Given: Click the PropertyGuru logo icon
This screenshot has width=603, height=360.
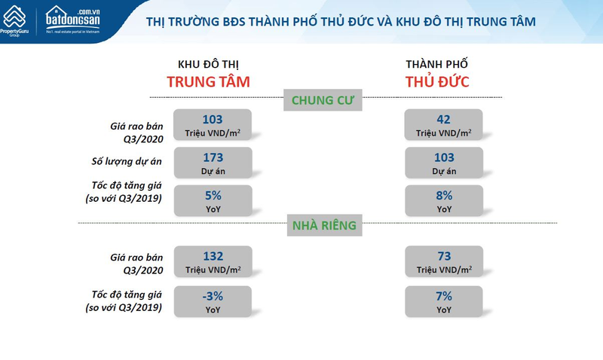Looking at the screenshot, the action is pyautogui.click(x=14, y=17).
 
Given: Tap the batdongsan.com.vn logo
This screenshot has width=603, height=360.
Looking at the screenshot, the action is pyautogui.click(x=72, y=20).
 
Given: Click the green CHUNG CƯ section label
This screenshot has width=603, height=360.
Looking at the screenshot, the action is pyautogui.click(x=323, y=100).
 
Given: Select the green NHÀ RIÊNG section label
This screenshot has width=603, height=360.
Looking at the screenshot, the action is pyautogui.click(x=325, y=225).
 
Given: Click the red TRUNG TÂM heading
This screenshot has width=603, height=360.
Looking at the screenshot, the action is pyautogui.click(x=209, y=82).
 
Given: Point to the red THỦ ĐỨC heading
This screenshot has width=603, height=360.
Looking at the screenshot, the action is pyautogui.click(x=437, y=82).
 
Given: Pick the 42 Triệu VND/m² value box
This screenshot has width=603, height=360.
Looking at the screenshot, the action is pyautogui.click(x=443, y=124).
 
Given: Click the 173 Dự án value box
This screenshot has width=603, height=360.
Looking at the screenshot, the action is pyautogui.click(x=213, y=163).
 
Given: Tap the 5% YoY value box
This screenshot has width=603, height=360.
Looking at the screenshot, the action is pyautogui.click(x=213, y=200).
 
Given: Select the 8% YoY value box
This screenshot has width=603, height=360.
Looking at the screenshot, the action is pyautogui.click(x=444, y=200).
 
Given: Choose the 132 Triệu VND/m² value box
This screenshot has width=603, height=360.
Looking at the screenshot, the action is pyautogui.click(x=213, y=261).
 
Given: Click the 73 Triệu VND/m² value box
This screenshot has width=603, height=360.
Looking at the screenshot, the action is pyautogui.click(x=444, y=261).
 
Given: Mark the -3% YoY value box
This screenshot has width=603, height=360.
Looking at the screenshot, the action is pyautogui.click(x=213, y=301).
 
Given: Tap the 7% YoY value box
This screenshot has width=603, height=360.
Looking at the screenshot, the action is pyautogui.click(x=444, y=301).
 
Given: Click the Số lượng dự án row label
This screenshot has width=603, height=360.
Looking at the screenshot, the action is pyautogui.click(x=127, y=161).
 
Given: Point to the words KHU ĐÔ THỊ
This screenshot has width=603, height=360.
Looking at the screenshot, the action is pyautogui.click(x=209, y=64).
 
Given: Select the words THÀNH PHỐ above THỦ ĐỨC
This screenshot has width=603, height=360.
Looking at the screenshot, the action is pyautogui.click(x=437, y=64).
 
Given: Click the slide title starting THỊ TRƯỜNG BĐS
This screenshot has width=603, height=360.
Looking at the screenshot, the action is pyautogui.click(x=341, y=22).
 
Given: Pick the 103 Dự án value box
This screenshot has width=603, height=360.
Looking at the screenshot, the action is pyautogui.click(x=444, y=163).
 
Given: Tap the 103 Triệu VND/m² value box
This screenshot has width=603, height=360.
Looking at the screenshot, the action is pyautogui.click(x=213, y=124).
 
